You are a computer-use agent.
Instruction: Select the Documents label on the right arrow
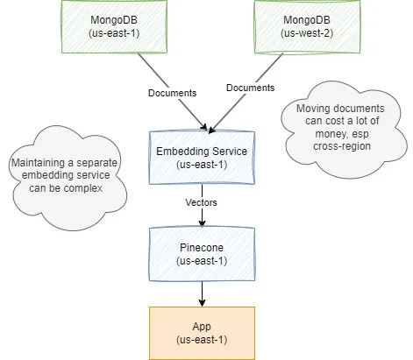[x=251, y=88]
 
